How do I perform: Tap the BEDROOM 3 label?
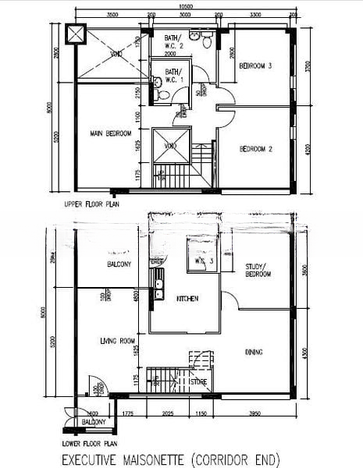(x=254, y=67)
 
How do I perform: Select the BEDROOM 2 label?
(x=254, y=148)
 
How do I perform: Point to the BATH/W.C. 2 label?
(x=173, y=42)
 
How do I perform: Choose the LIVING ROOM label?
(x=117, y=340)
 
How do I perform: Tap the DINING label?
(x=254, y=353)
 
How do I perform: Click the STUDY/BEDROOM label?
(x=257, y=270)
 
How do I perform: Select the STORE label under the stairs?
(x=199, y=382)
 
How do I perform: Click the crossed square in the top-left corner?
(x=76, y=35)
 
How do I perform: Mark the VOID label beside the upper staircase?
(x=170, y=145)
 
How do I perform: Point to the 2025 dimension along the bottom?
(x=166, y=413)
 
